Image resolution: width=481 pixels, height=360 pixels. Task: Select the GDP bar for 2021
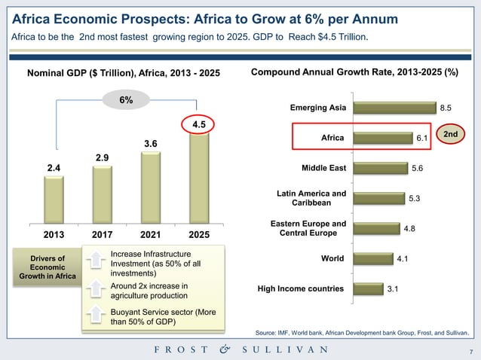(150, 188)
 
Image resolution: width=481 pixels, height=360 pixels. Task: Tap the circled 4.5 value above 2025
(198, 124)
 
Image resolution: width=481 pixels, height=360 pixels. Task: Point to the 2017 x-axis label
(103, 234)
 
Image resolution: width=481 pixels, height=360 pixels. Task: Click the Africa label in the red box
(332, 138)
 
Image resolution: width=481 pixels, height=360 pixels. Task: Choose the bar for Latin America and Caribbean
(377, 198)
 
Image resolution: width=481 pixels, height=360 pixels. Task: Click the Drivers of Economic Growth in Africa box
(47, 267)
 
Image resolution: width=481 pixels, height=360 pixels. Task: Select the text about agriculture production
(148, 291)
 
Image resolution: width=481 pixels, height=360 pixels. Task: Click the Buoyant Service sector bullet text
(155, 317)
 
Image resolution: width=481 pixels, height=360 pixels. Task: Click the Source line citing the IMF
(362, 332)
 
